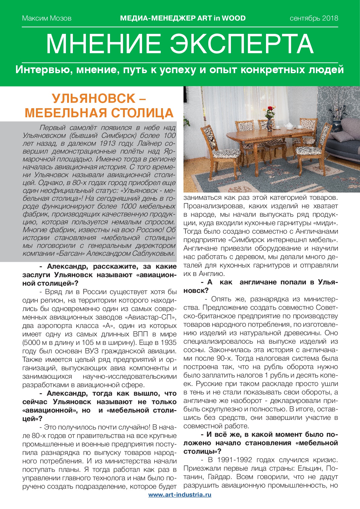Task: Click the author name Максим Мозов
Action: point(47,18)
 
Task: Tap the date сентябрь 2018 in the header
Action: point(314,18)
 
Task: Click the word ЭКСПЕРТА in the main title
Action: point(242,44)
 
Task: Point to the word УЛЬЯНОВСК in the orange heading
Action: point(94,99)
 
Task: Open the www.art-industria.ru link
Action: point(180,495)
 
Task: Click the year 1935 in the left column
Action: point(168,343)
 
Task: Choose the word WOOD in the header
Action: point(234,18)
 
